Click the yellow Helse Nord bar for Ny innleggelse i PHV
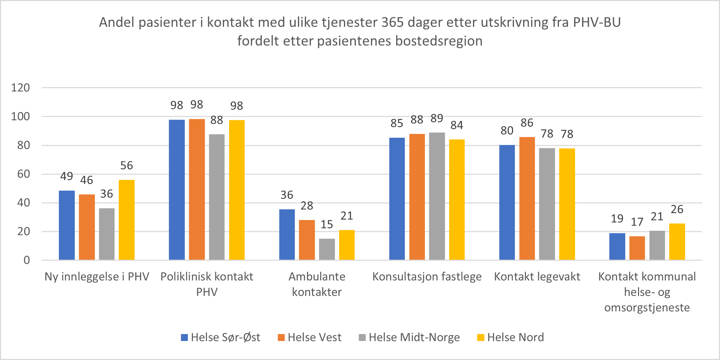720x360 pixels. (127, 220)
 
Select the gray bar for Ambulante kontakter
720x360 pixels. (327, 249)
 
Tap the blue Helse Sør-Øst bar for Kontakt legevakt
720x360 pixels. (507, 202)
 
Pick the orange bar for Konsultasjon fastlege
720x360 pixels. (417, 197)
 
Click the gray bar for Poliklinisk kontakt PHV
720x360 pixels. (217, 197)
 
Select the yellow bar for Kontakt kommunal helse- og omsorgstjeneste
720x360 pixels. (677, 241)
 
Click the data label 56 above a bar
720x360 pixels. (127, 166)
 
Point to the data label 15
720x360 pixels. (327, 224)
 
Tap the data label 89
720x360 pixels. (437, 119)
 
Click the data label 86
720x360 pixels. (527, 123)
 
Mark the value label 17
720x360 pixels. (637, 222)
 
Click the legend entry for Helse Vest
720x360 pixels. (310, 337)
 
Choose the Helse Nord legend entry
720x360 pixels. (511, 337)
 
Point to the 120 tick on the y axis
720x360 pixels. (20, 88)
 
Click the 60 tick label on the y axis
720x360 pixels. (24, 174)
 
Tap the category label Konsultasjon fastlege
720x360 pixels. (427, 277)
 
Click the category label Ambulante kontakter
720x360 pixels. (317, 284)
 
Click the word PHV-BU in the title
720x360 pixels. (597, 22)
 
